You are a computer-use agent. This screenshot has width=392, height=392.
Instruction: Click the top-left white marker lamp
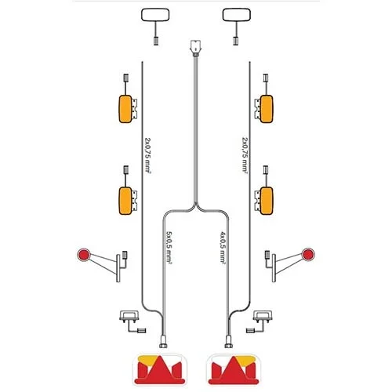(x=155, y=15)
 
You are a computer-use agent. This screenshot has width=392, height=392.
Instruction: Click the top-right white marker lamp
(x=237, y=15)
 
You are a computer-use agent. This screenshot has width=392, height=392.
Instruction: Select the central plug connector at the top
(x=195, y=48)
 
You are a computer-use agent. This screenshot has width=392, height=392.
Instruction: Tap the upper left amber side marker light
(x=125, y=109)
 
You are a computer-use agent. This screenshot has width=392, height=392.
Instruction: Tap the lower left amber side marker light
(x=125, y=201)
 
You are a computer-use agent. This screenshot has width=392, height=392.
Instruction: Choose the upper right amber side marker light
(x=267, y=109)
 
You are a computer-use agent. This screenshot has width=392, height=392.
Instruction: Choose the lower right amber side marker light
(x=267, y=201)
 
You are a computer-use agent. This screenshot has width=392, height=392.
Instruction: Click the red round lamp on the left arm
(x=84, y=254)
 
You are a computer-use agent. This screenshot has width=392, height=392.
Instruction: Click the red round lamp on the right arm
(x=308, y=254)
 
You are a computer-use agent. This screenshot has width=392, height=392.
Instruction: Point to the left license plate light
(x=129, y=316)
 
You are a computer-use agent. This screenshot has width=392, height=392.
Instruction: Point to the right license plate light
(x=263, y=316)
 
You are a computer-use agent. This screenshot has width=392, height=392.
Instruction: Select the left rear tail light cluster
(x=160, y=370)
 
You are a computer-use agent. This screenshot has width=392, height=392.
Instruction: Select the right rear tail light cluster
(x=234, y=370)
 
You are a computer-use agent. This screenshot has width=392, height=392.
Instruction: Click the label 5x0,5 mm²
(x=169, y=248)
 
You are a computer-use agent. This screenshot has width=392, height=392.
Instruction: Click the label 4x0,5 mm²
(x=223, y=248)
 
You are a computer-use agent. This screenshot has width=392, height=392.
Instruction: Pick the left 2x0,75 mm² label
(x=147, y=154)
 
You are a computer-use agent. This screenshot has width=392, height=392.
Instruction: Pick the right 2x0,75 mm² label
(x=245, y=154)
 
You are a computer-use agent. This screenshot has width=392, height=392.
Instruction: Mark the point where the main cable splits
(x=196, y=203)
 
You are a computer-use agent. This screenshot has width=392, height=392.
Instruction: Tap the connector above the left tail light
(x=163, y=342)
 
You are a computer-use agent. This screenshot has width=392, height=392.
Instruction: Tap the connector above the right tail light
(x=229, y=342)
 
